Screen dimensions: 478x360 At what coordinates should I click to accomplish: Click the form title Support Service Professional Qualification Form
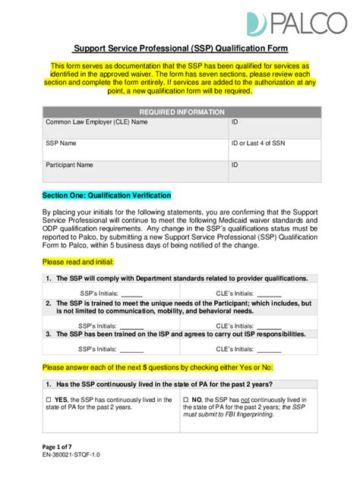coord(180,49)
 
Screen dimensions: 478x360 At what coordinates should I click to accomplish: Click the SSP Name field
coord(133,148)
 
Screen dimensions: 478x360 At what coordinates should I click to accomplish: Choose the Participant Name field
coord(133,170)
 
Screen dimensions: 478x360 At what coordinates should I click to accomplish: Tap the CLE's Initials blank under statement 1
coord(270,293)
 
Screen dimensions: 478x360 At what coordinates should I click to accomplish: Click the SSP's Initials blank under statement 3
coord(132,350)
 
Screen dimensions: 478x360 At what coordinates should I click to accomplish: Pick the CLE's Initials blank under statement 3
coord(270,350)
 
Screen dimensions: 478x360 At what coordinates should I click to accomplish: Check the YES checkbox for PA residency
coord(50,399)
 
